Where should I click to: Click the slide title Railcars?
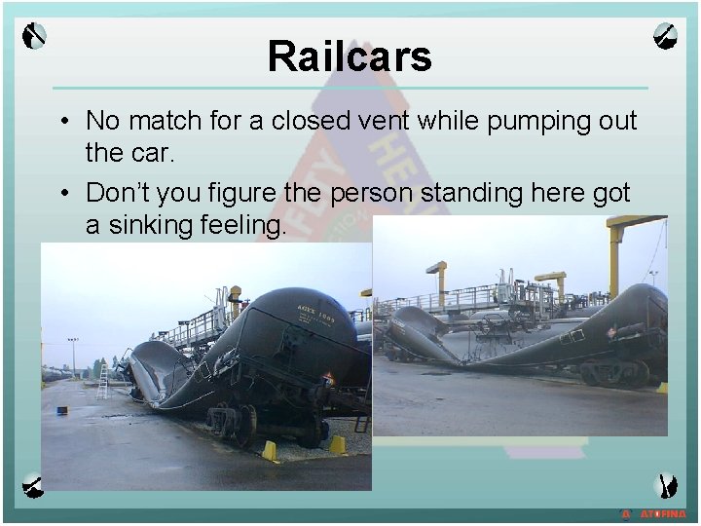[x=350, y=56]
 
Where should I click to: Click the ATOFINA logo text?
[x=662, y=513]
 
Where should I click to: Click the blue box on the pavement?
[x=61, y=410]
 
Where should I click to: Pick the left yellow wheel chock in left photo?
[x=269, y=450]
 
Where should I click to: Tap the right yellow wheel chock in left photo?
[x=337, y=444]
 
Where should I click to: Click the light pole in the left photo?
[x=73, y=357]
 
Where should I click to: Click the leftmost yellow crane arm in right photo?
[x=435, y=268]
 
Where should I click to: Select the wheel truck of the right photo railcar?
[x=609, y=371]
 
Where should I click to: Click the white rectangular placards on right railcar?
[x=577, y=335]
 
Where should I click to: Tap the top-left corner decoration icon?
[x=35, y=36]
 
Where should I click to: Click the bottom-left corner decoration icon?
[x=34, y=482]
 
